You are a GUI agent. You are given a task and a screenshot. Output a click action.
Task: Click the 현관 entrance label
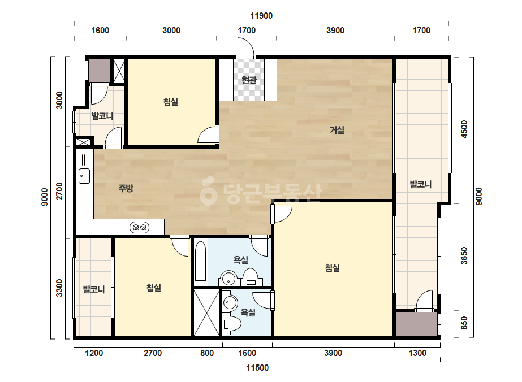(x=249, y=80)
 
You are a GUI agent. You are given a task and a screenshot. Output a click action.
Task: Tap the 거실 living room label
(x=337, y=130)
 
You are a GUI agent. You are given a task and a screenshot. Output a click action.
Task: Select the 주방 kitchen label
(x=126, y=188)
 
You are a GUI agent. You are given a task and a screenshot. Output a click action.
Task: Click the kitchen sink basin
(x=84, y=176)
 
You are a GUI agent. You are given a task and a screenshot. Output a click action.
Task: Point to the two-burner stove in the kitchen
(x=140, y=228)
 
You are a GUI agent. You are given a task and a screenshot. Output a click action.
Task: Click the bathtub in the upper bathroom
(x=200, y=262)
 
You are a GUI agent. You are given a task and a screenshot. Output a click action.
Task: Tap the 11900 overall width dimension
(x=261, y=16)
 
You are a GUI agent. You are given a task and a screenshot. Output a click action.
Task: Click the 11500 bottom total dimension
(x=257, y=368)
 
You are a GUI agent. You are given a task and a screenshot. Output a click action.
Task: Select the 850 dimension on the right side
(x=464, y=323)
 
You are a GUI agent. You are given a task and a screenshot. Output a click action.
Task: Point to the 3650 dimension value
(x=464, y=256)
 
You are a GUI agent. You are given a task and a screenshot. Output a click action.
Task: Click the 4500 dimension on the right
(x=464, y=129)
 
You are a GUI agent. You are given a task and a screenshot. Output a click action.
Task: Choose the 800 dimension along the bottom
(x=207, y=353)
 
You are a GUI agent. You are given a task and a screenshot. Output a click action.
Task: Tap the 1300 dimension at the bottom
(x=417, y=353)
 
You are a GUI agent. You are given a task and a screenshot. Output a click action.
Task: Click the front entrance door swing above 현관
(x=245, y=48)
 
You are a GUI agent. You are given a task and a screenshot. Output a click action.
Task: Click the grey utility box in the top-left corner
(x=99, y=70)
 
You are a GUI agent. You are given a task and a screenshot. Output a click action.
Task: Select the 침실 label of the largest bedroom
(x=332, y=268)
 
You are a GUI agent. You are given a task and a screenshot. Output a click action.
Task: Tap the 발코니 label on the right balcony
(x=420, y=184)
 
